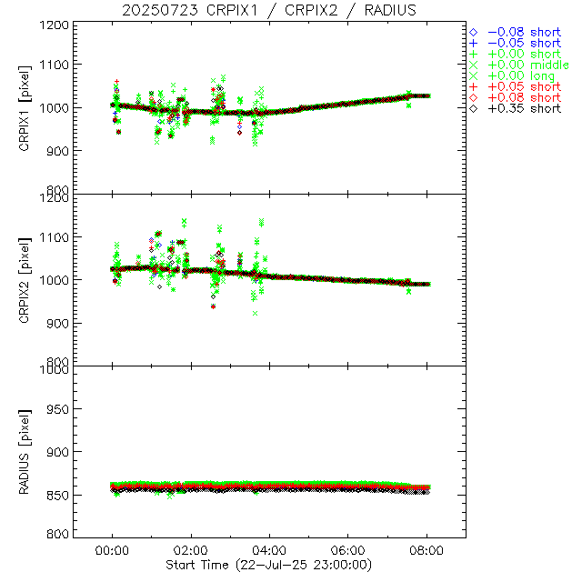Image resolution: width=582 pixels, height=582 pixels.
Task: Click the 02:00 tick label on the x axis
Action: pos(190,551)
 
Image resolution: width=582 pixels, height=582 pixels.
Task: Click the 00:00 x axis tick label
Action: pos(112,551)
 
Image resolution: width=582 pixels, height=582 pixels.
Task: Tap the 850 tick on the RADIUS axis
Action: pos(57,495)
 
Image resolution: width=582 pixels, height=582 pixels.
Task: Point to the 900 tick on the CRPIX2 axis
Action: pos(57,323)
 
